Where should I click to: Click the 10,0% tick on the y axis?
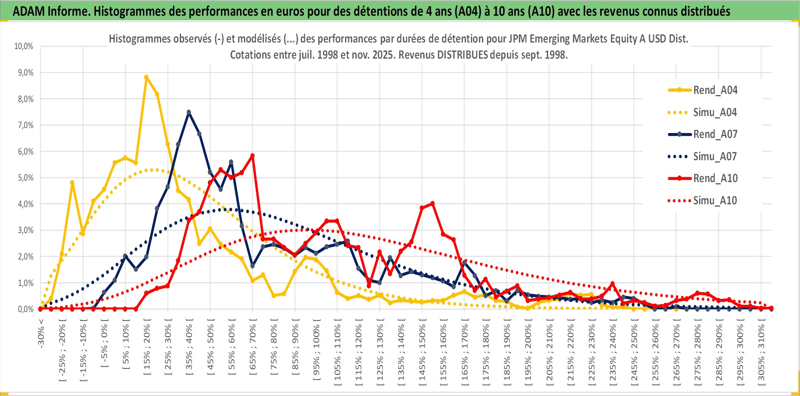tap(24, 46)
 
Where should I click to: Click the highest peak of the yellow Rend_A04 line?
tap(146, 77)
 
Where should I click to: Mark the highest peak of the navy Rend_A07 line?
tap(189, 112)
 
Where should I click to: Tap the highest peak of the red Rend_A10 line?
tap(252, 156)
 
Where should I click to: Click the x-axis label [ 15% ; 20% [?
tap(147, 349)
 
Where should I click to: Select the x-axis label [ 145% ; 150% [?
tap(422, 353)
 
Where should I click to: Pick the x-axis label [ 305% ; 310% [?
tap(761, 353)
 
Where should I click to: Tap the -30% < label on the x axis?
tap(41, 333)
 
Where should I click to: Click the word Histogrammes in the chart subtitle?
tap(133, 39)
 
